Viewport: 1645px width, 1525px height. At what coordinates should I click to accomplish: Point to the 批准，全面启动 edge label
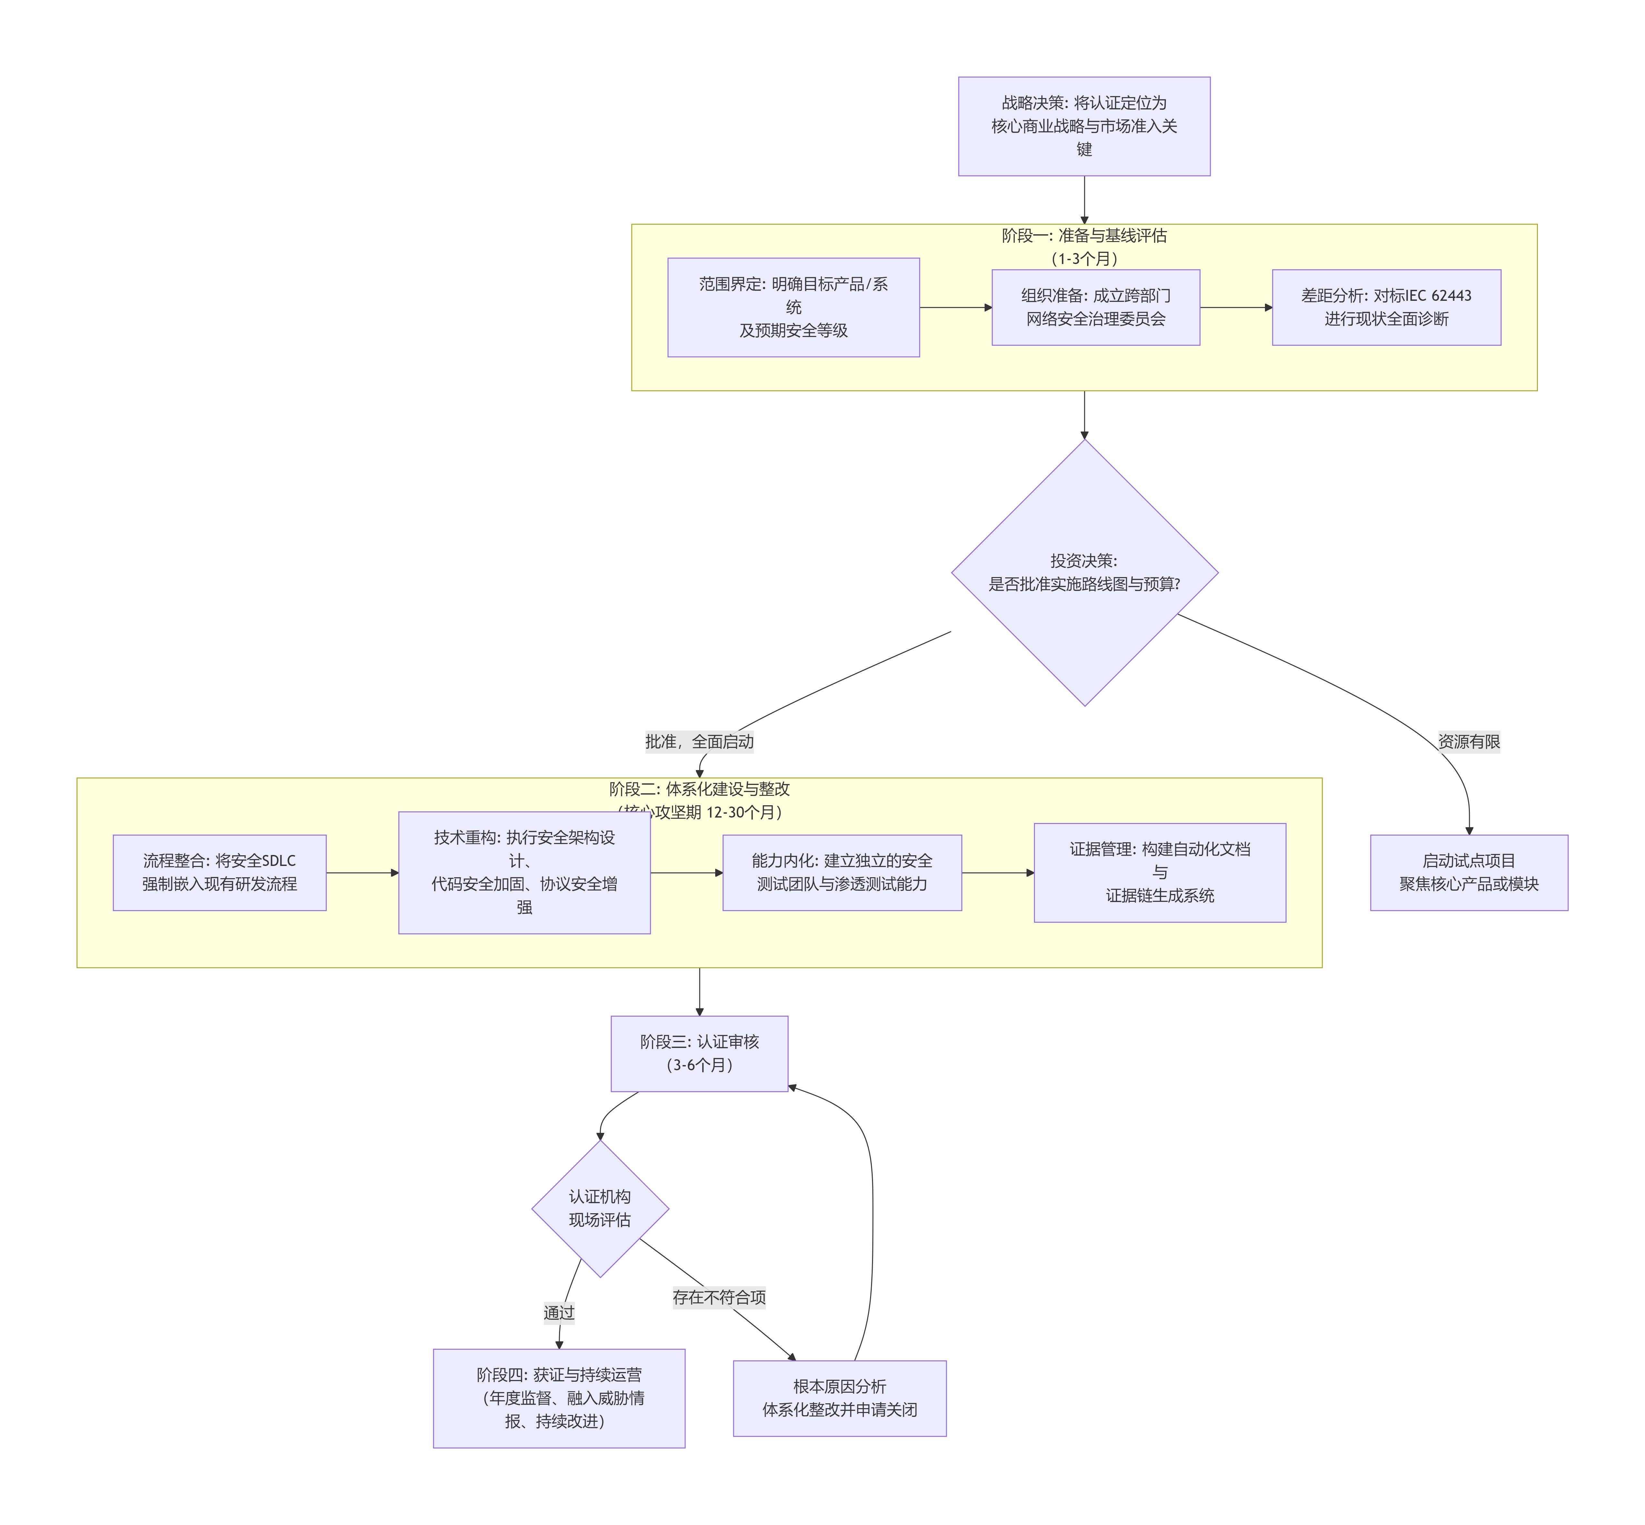pyautogui.click(x=699, y=741)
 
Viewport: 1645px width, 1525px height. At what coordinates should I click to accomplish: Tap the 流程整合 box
pyautogui.click(x=219, y=872)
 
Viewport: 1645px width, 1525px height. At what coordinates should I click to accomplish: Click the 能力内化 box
pyautogui.click(x=841, y=872)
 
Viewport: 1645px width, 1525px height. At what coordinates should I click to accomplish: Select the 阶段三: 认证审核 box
pyautogui.click(x=699, y=1053)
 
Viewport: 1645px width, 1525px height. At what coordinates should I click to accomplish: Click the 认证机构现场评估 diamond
pyautogui.click(x=600, y=1208)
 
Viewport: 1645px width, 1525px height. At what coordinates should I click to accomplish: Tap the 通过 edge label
pyautogui.click(x=558, y=1312)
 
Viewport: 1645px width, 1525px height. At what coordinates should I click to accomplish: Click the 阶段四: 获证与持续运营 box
pyautogui.click(x=558, y=1398)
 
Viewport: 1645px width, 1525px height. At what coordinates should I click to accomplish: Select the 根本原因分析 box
pyautogui.click(x=839, y=1398)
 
